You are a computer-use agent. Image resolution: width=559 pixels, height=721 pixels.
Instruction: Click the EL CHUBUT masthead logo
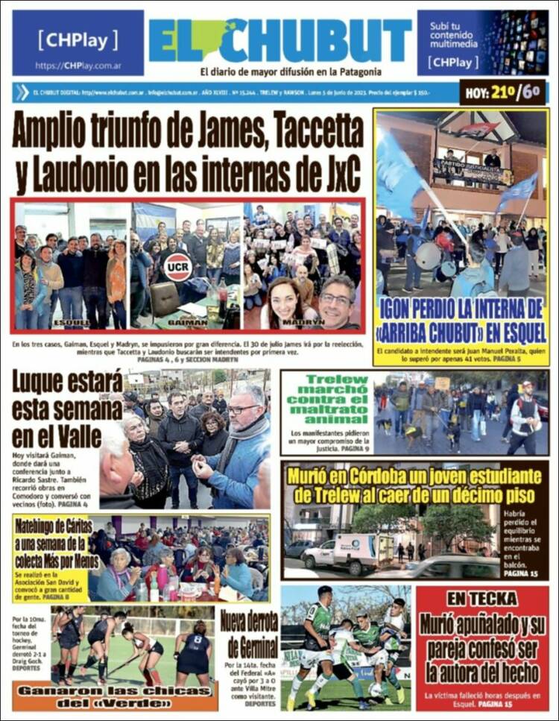[x=279, y=40]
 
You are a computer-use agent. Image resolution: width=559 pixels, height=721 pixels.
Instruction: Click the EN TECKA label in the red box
[x=481, y=599]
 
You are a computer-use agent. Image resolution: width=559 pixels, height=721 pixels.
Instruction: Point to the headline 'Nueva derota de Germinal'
[x=250, y=632]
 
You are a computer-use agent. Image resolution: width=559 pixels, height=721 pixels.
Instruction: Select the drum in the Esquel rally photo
[x=428, y=256]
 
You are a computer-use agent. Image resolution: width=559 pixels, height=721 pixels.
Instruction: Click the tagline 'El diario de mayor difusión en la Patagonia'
[x=291, y=72]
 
